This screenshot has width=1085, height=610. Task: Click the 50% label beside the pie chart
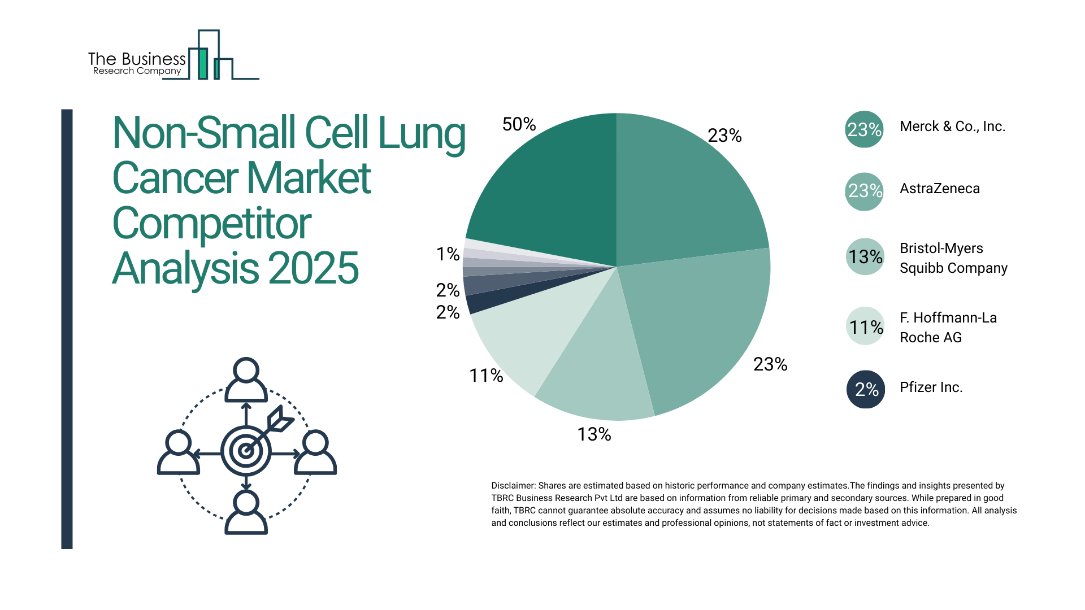(519, 124)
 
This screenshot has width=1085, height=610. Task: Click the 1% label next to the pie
(448, 254)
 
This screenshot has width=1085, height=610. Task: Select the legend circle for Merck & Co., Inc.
(864, 129)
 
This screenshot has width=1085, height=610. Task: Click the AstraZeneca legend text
(939, 189)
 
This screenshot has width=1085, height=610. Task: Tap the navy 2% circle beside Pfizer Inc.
(865, 389)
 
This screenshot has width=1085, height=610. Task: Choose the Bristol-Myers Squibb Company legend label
(953, 258)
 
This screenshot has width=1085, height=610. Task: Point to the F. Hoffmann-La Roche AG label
(948, 328)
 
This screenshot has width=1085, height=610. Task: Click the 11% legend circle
(865, 326)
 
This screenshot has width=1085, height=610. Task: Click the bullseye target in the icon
(246, 451)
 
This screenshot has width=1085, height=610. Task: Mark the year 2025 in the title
(313, 268)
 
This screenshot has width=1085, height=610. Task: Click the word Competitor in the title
(211, 224)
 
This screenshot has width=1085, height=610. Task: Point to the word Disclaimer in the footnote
(513, 486)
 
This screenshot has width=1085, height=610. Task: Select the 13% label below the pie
(594, 434)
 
